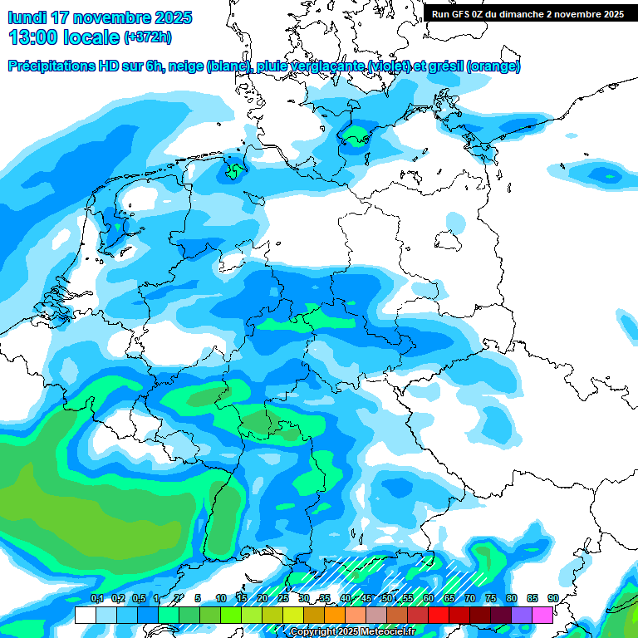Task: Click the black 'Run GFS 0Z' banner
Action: tap(528, 13)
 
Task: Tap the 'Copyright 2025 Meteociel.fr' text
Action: tap(352, 632)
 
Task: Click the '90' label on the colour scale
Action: tap(552, 599)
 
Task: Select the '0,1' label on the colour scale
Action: tap(96, 599)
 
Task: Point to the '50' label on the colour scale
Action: tap(386, 599)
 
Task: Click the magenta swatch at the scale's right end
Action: tap(542, 615)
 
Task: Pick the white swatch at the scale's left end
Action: tap(85, 615)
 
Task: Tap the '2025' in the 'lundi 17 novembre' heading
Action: tap(171, 17)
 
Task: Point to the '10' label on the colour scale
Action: tap(220, 599)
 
